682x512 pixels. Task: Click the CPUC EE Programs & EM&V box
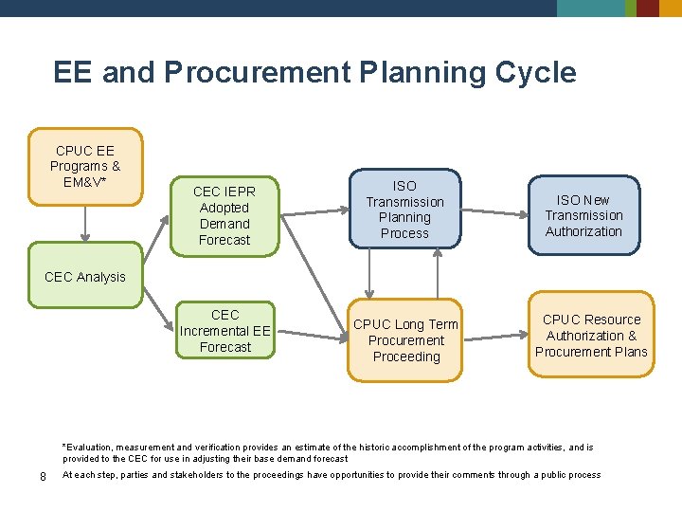pos(85,166)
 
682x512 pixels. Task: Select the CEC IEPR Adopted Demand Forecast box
pos(224,215)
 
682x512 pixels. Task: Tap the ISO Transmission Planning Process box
pos(404,210)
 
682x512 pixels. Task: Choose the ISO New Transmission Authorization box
pos(583,215)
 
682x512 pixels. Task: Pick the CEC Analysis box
pos(85,276)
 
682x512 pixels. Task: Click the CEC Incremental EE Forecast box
pos(225,331)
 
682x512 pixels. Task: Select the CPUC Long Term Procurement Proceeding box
pos(405,340)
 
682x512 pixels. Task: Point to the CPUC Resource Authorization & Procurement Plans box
pos(591,335)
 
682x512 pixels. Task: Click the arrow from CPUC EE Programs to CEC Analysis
pos(85,224)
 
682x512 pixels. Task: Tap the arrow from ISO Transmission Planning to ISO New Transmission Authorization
pos(494,211)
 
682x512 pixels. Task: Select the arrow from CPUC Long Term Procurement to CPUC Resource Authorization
pos(494,335)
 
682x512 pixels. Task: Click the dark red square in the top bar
pos(648,8)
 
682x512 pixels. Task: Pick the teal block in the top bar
pos(590,8)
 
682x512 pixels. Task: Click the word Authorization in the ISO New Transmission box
pos(583,231)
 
